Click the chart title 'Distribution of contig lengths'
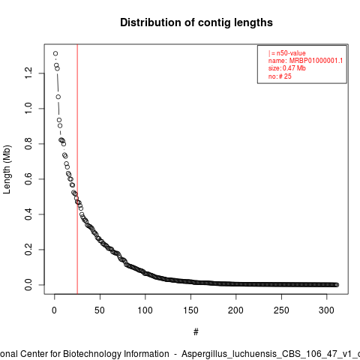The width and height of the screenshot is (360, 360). (x=196, y=22)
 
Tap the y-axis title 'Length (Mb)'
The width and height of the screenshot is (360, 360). (x=7, y=169)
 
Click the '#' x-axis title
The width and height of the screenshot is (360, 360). (x=196, y=332)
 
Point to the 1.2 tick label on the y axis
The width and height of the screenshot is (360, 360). (x=28, y=73)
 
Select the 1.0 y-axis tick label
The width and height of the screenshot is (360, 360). (x=28, y=108)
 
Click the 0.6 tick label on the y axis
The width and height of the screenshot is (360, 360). (x=28, y=178)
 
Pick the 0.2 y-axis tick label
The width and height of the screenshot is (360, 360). (x=28, y=249)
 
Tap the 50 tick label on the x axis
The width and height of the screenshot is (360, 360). (x=100, y=310)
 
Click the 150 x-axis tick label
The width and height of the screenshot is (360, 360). (x=190, y=310)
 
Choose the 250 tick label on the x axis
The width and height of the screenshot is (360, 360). (x=281, y=310)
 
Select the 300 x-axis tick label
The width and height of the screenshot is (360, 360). (x=326, y=310)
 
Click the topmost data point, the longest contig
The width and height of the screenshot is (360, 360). (x=55, y=53)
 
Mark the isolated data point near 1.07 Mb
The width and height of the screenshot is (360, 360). (x=58, y=97)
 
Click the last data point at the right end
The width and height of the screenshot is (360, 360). (x=337, y=285)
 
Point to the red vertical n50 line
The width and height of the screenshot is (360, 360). (x=77, y=169)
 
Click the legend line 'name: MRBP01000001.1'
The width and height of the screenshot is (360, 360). (x=305, y=61)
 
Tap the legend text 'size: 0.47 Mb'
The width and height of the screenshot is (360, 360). (x=287, y=68)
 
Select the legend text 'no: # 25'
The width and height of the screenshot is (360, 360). (x=280, y=76)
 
